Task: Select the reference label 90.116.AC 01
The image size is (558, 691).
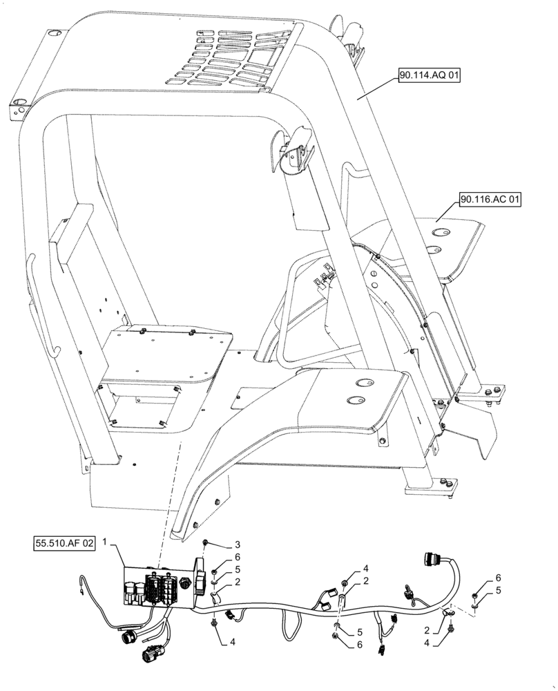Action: pos(490,200)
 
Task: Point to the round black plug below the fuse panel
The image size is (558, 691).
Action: pos(128,638)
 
